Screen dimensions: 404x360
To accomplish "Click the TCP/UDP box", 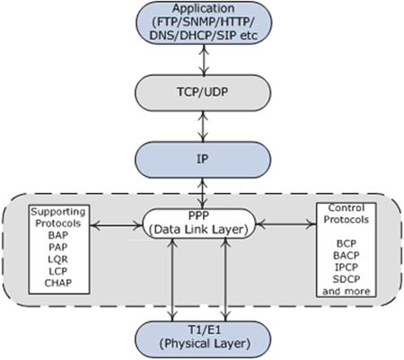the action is pos(203,92).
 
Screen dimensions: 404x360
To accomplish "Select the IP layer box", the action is pos(203,160).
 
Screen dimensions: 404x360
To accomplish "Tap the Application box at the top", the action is pos(204,22).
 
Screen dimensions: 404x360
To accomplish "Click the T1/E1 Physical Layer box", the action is pos(203,339).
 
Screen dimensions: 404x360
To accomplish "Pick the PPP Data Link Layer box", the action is pos(198,224).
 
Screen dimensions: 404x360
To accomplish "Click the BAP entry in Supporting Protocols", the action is pos(58,235).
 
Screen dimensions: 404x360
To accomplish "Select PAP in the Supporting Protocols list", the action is pos(58,247).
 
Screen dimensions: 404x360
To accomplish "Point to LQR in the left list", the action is pos(58,259).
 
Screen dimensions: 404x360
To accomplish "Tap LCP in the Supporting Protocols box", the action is pos(58,271).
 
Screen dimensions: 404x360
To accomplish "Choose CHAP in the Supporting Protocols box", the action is pos(58,283).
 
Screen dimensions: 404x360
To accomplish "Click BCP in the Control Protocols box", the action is pos(347,243).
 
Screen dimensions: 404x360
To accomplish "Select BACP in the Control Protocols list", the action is pos(347,256).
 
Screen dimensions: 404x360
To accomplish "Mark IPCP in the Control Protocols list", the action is pos(347,268).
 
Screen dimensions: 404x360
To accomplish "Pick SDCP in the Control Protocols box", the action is pos(347,279).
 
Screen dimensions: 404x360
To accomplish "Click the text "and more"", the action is pos(347,291).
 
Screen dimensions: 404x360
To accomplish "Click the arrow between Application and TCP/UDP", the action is pos(204,60).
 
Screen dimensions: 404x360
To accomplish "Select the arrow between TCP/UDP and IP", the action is pos(203,127).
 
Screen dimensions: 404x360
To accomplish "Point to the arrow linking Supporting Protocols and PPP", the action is pos(116,225).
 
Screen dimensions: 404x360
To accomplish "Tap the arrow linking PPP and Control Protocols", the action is pos(286,224).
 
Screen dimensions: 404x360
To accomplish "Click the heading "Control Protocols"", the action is pos(347,214).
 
